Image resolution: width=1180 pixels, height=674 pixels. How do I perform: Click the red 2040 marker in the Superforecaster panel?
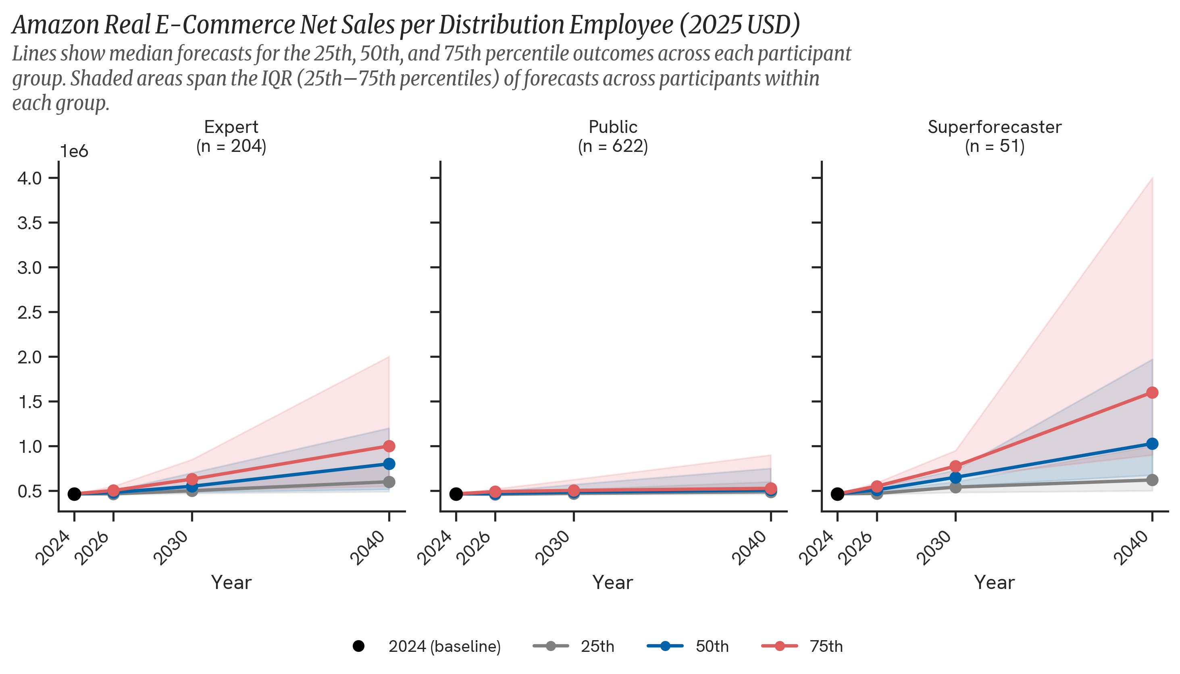point(1152,392)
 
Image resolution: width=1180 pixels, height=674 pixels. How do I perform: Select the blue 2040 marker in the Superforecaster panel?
point(1152,444)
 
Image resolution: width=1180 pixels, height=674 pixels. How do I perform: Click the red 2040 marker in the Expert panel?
point(389,446)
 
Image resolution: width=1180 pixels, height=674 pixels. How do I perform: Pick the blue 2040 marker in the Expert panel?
point(389,464)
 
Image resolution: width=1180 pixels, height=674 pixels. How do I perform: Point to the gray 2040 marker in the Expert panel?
point(389,482)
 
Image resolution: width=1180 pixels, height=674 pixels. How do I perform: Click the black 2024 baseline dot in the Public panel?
point(456,494)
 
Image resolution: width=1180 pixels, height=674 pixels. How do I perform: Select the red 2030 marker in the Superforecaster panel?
point(955,466)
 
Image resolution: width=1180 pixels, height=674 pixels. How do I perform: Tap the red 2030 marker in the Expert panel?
point(192,479)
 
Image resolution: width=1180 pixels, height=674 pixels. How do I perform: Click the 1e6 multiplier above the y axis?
point(74,151)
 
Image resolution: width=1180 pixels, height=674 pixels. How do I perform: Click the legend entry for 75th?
point(826,646)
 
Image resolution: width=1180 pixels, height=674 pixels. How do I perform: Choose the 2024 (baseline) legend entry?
point(443,646)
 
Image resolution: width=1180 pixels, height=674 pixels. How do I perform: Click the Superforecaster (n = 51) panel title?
point(994,136)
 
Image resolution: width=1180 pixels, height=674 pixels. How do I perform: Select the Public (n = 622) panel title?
point(613,136)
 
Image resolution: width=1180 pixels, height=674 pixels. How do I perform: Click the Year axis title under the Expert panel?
point(231,582)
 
